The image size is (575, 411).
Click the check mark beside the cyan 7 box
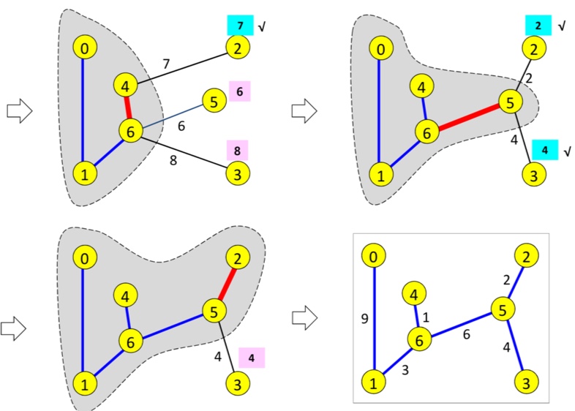coord(260,26)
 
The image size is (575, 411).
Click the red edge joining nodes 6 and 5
coord(466,116)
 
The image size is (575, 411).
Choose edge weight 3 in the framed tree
coord(405,371)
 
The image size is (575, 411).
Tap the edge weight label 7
coord(167,64)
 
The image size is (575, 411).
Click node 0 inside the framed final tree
coord(374,257)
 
